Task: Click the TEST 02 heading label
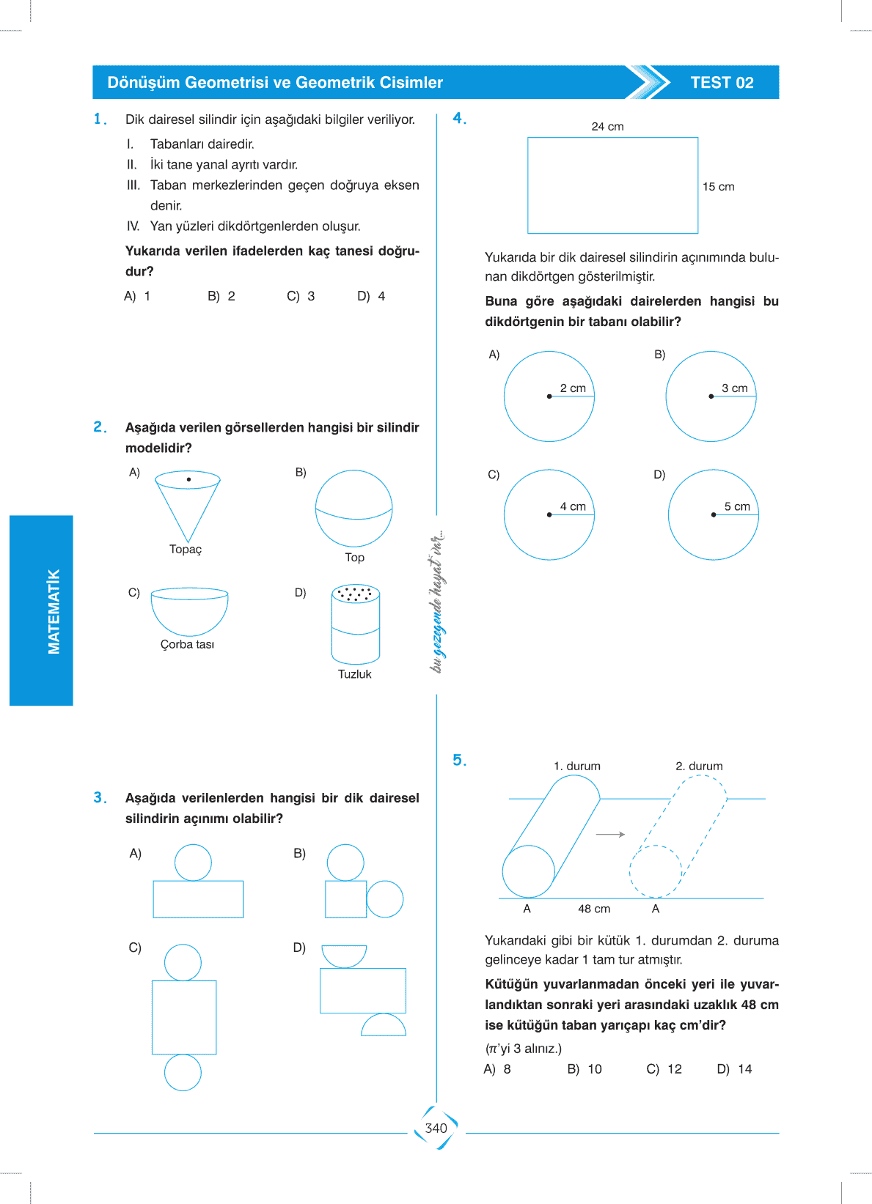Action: click(722, 83)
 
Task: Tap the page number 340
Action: click(436, 1129)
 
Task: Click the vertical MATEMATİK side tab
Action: click(54, 611)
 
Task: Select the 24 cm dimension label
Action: click(607, 127)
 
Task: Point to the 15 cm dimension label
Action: click(718, 187)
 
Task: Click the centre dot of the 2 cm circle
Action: click(549, 396)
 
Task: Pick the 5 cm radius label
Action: click(737, 506)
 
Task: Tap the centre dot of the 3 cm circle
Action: click(711, 396)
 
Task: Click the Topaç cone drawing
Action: click(188, 506)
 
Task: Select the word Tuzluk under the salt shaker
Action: click(354, 674)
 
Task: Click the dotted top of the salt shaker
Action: click(356, 593)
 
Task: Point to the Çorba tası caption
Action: click(187, 645)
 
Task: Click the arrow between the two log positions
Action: click(610, 835)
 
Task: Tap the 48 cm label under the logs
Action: click(593, 909)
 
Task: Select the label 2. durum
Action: click(699, 767)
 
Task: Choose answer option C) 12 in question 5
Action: click(664, 1069)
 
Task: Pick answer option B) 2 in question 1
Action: click(221, 296)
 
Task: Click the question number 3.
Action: click(100, 797)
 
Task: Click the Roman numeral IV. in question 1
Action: click(133, 226)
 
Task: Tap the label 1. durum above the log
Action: click(576, 767)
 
